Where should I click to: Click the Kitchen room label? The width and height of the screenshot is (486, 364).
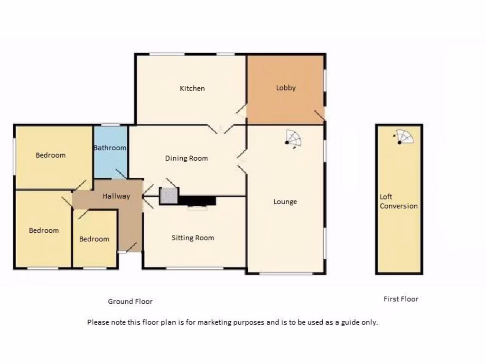(192, 88)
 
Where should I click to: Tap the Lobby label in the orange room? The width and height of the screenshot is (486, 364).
(286, 88)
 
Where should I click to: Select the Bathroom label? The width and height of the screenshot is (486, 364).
(110, 148)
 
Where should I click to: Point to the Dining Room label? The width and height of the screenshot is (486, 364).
(187, 158)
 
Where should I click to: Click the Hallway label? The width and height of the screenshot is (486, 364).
(116, 196)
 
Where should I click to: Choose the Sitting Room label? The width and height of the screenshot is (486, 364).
(193, 238)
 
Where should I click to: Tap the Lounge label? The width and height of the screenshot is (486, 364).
(285, 202)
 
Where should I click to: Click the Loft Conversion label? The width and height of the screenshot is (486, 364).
(399, 201)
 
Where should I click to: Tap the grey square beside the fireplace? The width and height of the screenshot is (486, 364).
(168, 196)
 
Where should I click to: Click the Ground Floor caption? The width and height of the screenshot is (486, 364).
(130, 301)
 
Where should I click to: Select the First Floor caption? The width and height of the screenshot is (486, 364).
(401, 299)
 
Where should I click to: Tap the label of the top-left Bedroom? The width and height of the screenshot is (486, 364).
(51, 155)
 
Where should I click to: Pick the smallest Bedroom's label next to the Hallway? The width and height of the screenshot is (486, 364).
(94, 239)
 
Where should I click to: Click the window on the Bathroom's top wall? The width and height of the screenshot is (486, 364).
(111, 125)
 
